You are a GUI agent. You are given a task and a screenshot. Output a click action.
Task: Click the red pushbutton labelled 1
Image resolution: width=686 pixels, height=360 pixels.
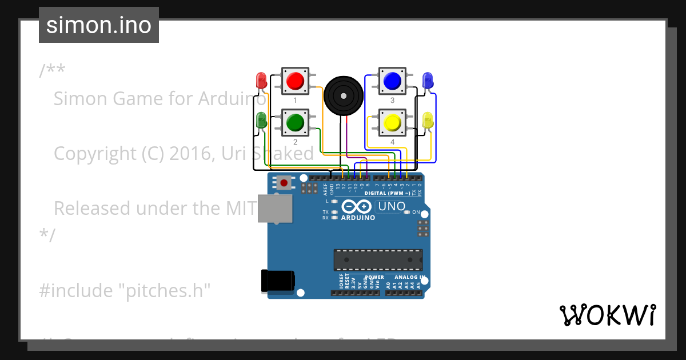click(294, 81)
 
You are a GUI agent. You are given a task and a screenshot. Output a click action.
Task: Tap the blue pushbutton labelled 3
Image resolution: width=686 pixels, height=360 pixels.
click(392, 81)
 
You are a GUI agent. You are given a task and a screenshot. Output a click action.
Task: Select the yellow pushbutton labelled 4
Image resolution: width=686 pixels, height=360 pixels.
click(392, 122)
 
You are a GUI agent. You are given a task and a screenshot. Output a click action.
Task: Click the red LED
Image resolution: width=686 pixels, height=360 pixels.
click(261, 79)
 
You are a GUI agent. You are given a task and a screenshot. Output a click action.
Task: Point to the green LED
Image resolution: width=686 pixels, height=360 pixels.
click(261, 121)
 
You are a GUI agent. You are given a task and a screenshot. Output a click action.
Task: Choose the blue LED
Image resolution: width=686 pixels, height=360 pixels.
click(427, 80)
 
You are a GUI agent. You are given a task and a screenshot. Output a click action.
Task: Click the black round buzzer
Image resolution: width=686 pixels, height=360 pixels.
click(344, 95)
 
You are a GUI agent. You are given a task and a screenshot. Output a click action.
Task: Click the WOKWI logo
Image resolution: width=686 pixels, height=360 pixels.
click(607, 315)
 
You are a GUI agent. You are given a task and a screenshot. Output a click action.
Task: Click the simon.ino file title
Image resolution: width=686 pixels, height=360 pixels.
click(99, 25)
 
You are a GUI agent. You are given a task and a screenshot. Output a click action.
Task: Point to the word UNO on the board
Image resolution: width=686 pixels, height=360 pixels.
click(392, 206)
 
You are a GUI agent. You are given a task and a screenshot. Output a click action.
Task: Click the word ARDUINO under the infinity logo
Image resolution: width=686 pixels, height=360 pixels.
click(358, 218)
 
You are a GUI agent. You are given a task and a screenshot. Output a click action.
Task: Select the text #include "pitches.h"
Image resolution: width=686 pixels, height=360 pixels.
click(125, 291)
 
